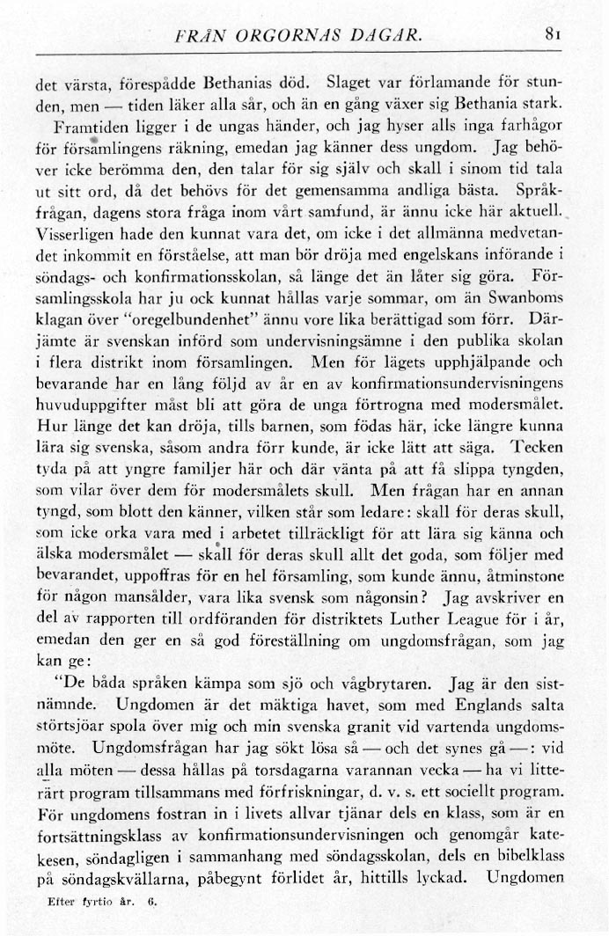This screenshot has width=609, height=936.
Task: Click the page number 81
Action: [554, 37]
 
